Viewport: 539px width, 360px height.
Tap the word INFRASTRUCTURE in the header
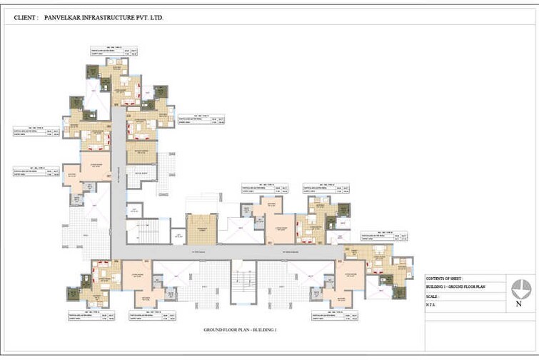tap(114, 15)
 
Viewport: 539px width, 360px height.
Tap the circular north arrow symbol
tap(522, 289)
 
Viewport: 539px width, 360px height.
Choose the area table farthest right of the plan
tap(385, 236)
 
